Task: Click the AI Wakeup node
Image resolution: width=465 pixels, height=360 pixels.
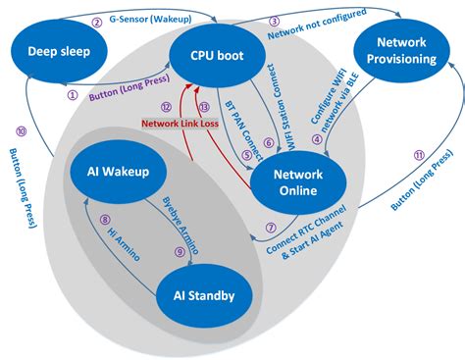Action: click(109, 174)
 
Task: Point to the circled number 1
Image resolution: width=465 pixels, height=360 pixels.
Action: click(73, 95)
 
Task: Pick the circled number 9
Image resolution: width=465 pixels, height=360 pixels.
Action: click(179, 250)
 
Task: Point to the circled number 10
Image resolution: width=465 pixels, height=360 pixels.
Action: click(21, 131)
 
